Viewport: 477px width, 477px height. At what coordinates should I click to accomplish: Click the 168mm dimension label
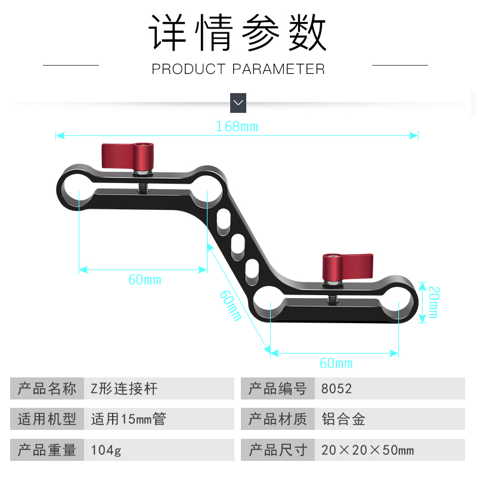pos(237,126)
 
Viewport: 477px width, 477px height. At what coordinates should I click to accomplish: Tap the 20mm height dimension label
pos(433,302)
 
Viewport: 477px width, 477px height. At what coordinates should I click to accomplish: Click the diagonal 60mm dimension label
pos(230,305)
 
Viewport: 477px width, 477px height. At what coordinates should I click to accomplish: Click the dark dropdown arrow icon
pos(238,103)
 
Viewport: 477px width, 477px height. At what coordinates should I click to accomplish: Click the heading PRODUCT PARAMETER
pos(238,69)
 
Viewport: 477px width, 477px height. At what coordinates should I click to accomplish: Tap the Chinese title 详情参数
pos(238,34)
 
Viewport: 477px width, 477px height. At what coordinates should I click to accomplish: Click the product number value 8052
pos(337,389)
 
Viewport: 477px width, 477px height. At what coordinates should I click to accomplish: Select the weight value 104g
pos(106,450)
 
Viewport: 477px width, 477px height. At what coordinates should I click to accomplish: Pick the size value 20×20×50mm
pos(367,450)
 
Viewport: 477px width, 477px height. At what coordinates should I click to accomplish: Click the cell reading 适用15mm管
pos(128,419)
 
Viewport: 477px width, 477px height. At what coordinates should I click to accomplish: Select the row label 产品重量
pos(48,450)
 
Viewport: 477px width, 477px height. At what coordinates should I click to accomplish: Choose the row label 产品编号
pos(277,389)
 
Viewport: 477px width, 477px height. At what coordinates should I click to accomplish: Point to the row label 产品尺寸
pos(277,450)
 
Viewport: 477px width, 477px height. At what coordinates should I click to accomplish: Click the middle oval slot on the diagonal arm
pos(237,244)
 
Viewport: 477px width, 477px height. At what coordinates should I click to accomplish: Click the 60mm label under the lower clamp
pos(336,363)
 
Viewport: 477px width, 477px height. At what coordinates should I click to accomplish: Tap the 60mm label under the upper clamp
pos(144,280)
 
